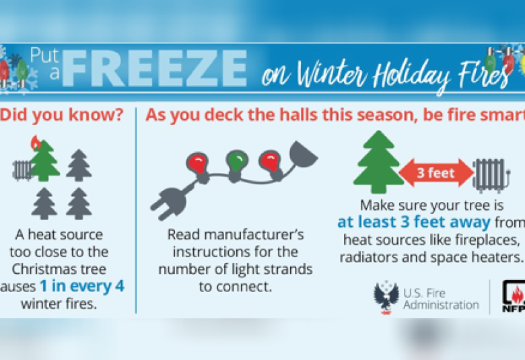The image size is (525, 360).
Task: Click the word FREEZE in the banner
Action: point(154,69)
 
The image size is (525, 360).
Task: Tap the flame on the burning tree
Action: point(36,143)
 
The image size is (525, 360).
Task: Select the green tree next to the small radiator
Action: point(44,161)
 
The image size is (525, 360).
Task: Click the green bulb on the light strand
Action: point(237,161)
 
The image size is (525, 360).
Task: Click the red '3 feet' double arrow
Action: point(436,173)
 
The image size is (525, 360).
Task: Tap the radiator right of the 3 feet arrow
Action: point(491,175)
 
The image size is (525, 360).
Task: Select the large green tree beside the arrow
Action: point(378,162)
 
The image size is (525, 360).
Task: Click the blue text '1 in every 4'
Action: point(82,286)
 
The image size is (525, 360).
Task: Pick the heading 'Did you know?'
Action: point(63,115)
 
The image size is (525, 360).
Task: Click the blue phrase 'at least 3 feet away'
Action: point(414,222)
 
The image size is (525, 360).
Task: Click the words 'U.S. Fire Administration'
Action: point(441,299)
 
